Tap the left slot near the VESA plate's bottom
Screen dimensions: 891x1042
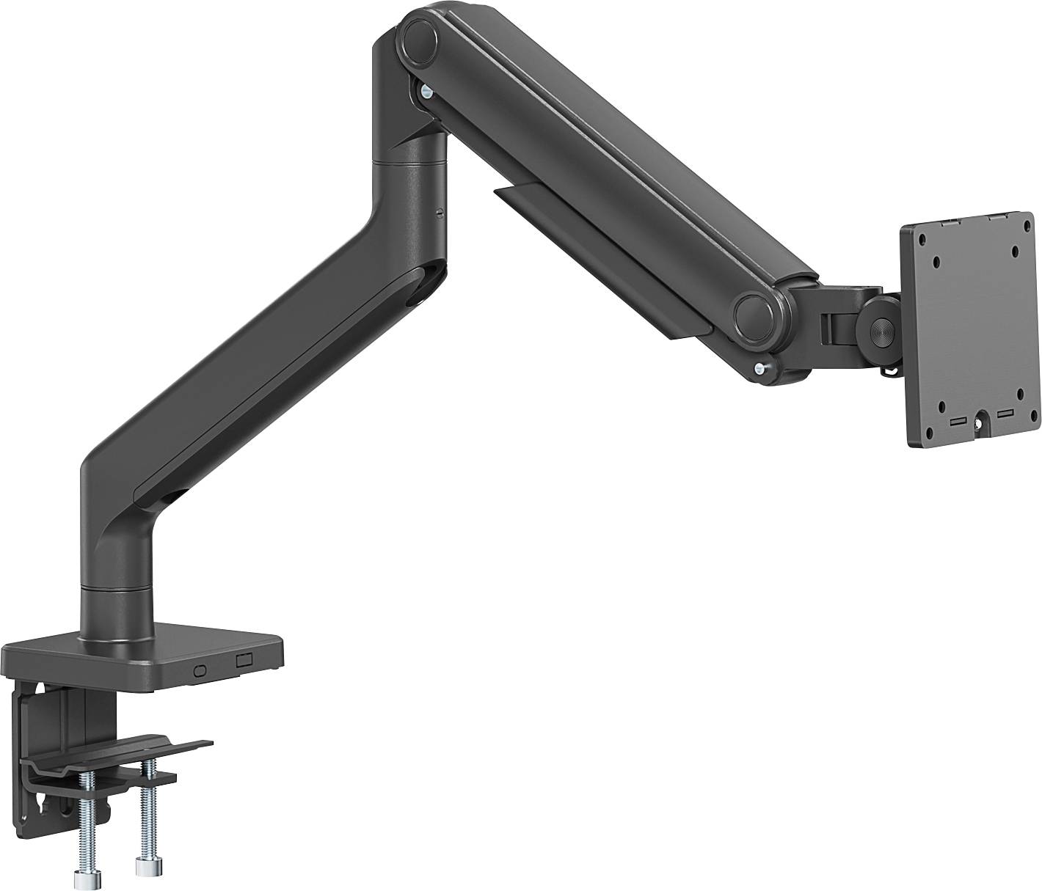pos(957,421)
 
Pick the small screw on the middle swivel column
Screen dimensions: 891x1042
pos(438,213)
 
